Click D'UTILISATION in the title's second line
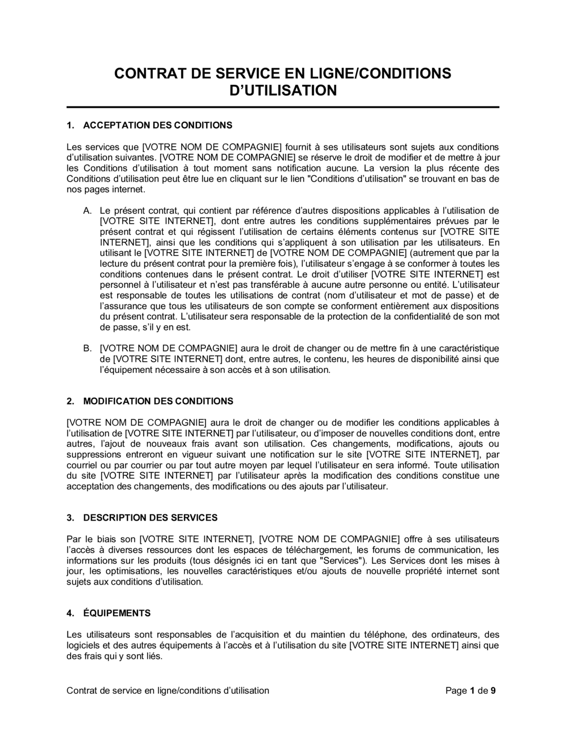[x=282, y=90]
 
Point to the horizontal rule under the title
[x=282, y=107]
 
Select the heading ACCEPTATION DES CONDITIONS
[x=157, y=124]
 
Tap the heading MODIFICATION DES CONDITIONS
[x=158, y=401]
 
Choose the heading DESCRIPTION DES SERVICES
[x=150, y=518]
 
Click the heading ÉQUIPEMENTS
[x=117, y=613]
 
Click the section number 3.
[x=70, y=518]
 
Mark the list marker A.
[x=87, y=211]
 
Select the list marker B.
[x=87, y=349]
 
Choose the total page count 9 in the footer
[x=493, y=690]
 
